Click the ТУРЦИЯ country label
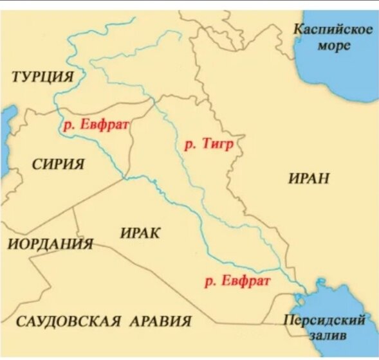tap(42, 78)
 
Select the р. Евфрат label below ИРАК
tap(236, 281)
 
